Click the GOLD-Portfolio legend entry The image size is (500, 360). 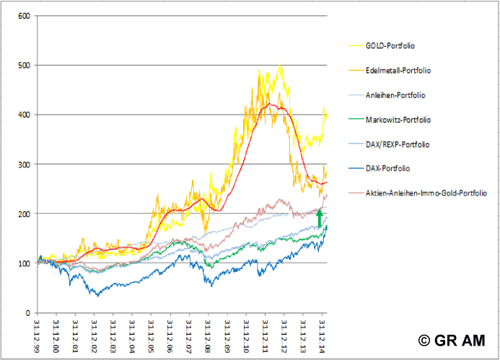pos(390,45)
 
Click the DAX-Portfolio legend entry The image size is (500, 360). pos(387,169)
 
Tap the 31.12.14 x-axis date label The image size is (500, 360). pos(322,333)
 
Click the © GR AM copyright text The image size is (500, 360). pos(450,341)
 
